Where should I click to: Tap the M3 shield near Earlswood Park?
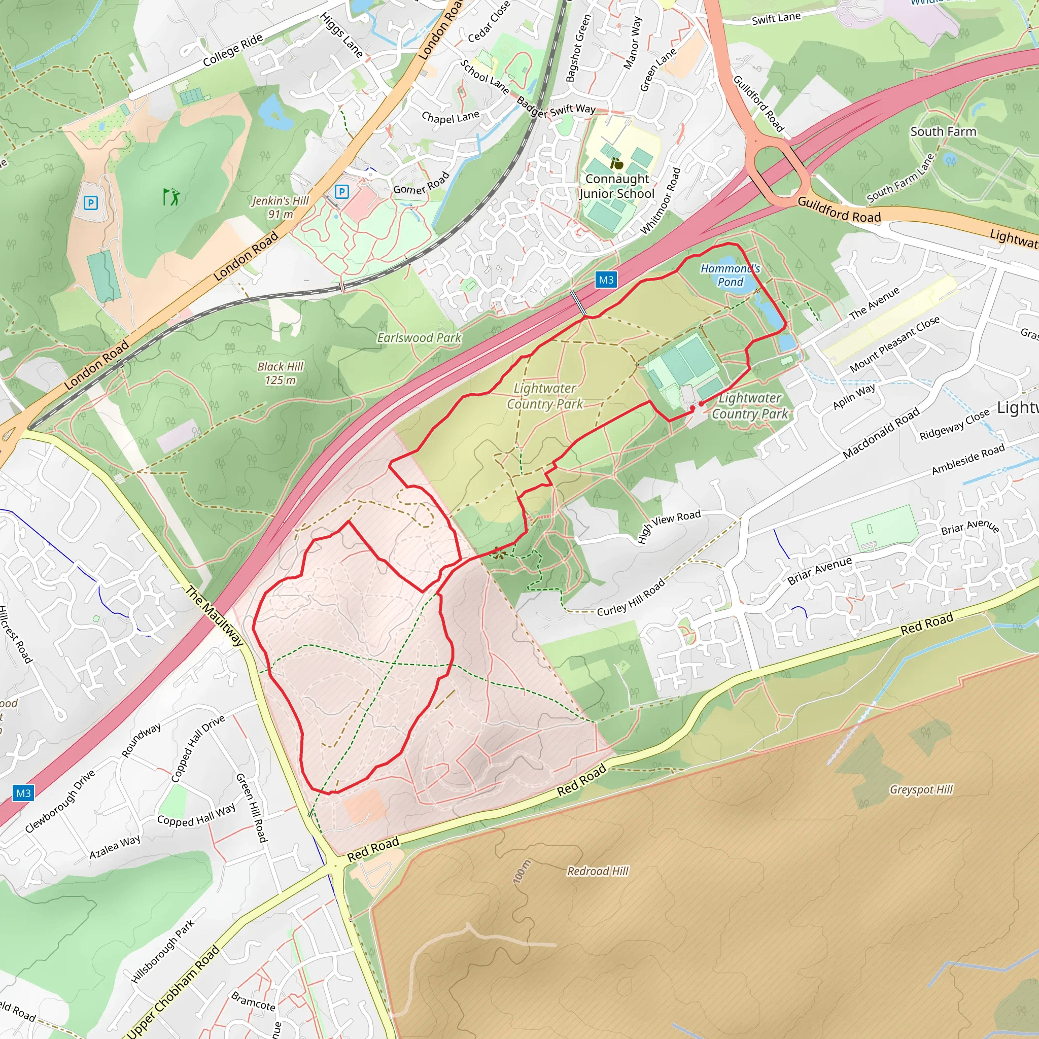(606, 280)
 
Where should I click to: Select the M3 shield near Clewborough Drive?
(23, 793)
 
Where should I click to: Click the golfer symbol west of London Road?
(171, 197)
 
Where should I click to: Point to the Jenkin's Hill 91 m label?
(280, 207)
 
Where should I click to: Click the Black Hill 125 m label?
(280, 373)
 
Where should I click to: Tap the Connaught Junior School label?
(617, 186)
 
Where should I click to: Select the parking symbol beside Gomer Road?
(341, 191)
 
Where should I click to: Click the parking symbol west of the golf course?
(91, 203)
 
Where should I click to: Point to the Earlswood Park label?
(419, 338)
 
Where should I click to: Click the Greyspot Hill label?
(921, 789)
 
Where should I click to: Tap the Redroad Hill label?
(598, 871)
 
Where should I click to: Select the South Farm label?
(943, 132)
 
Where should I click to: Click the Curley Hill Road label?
(631, 598)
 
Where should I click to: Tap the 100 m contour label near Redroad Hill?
(521, 871)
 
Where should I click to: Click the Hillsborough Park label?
(163, 951)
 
